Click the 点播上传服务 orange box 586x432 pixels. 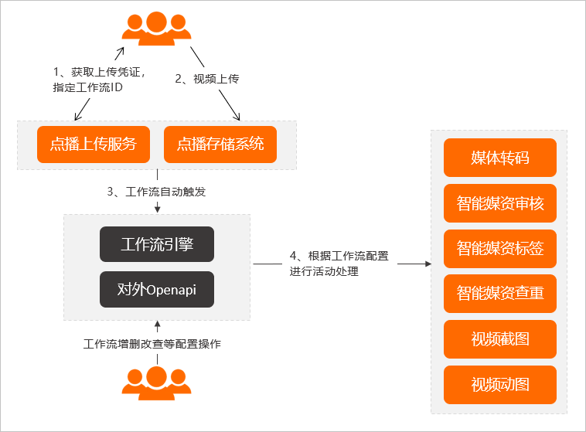[94, 145]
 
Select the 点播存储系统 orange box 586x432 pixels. [220, 145]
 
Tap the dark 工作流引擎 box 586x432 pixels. [157, 244]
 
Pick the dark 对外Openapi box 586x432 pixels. [157, 289]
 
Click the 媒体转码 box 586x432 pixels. [500, 158]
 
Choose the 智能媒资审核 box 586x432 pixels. [500, 203]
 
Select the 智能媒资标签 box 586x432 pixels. [500, 249]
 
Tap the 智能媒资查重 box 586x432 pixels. [500, 294]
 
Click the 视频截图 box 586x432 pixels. [500, 339]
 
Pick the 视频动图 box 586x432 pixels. [500, 385]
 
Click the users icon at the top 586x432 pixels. [157, 29]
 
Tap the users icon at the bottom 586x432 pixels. [157, 383]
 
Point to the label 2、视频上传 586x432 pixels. [207, 79]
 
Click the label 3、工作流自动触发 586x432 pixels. [156, 192]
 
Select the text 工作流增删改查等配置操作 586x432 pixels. [152, 344]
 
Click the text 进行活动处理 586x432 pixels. [324, 271]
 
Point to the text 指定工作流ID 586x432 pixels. [88, 87]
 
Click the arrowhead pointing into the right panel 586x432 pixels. [428, 264]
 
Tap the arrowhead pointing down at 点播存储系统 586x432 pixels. [237, 117]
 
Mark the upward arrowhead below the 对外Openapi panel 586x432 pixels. [158, 324]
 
